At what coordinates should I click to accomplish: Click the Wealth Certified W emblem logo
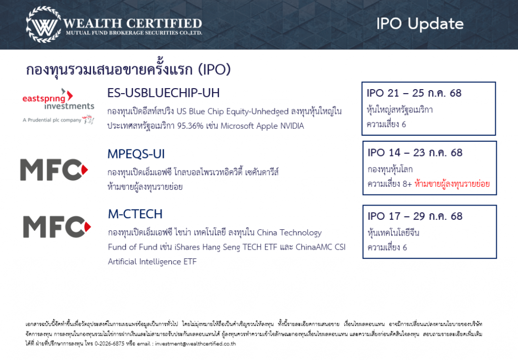[44, 24]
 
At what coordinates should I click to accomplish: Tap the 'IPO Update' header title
[420, 24]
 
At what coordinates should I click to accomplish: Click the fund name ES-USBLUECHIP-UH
[163, 93]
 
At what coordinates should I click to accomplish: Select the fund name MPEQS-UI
[136, 154]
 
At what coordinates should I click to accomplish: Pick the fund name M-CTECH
[135, 214]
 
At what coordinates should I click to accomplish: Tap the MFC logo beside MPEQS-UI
[54, 170]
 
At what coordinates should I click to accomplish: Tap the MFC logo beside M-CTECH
[57, 227]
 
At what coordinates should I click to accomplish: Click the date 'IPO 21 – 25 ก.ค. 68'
[414, 93]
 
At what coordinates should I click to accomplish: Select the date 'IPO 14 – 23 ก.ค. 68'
[415, 153]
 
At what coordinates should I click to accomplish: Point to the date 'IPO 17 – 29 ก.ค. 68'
[415, 216]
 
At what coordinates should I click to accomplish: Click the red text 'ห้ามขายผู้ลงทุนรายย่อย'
[452, 184]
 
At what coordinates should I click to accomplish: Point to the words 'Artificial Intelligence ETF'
[152, 262]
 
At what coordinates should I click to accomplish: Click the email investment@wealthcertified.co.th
[195, 344]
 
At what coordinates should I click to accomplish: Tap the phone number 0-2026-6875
[109, 344]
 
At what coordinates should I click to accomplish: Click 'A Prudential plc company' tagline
[52, 120]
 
